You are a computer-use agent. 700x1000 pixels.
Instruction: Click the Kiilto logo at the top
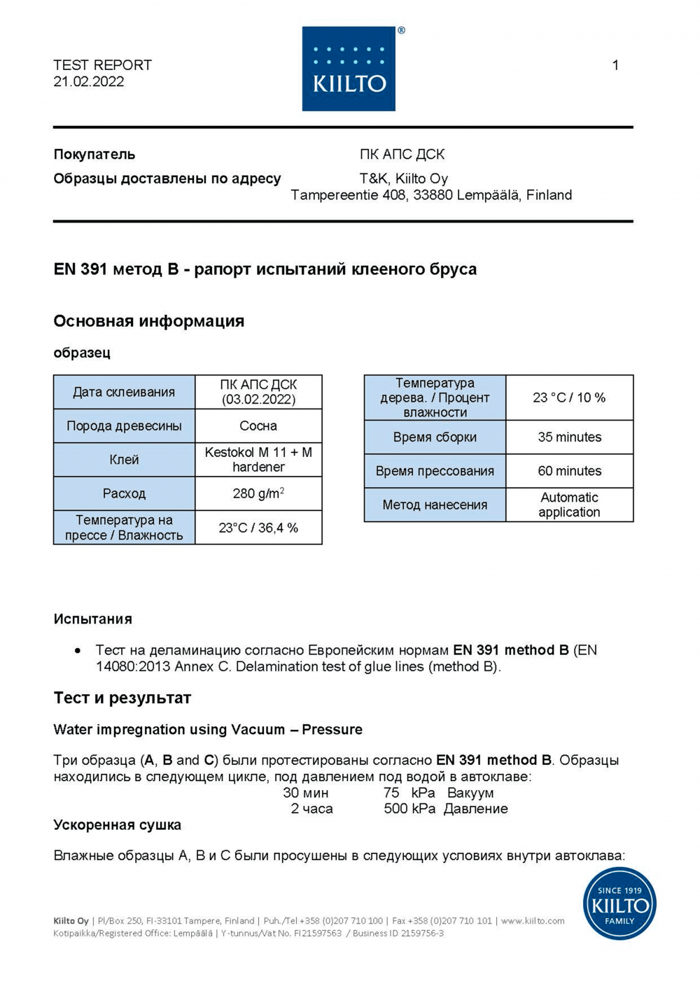[x=349, y=69]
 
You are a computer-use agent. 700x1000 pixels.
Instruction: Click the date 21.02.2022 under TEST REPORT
[x=89, y=82]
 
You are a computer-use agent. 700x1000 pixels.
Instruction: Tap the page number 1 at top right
[x=615, y=65]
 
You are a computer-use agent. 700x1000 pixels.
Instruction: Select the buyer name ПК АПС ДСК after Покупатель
[x=402, y=154]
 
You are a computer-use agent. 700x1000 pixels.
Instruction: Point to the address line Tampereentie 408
[x=431, y=195]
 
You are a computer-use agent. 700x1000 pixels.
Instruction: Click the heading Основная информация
[x=149, y=321]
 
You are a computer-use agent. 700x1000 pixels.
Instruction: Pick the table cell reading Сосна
[x=258, y=425]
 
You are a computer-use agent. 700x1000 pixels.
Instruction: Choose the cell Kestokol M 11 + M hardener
[x=258, y=460]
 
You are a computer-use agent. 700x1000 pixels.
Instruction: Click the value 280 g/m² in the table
[x=258, y=493]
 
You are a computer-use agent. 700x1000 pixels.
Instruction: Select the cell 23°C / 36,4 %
[x=258, y=528]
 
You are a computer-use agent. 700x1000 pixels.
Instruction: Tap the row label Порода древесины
[x=124, y=425]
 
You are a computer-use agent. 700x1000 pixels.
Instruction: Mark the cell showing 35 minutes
[x=569, y=437]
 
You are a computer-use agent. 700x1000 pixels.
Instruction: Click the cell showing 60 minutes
[x=569, y=471]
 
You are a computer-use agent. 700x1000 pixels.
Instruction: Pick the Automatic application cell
[x=569, y=505]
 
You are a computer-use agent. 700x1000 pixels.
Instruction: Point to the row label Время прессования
[x=435, y=471]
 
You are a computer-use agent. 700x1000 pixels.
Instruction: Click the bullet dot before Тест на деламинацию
[x=78, y=651]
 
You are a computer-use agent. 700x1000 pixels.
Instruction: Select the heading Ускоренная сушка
[x=118, y=825]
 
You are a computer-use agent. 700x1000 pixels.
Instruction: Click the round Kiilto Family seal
[x=619, y=903]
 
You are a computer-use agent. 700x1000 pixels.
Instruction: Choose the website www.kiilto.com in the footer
[x=533, y=921]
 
